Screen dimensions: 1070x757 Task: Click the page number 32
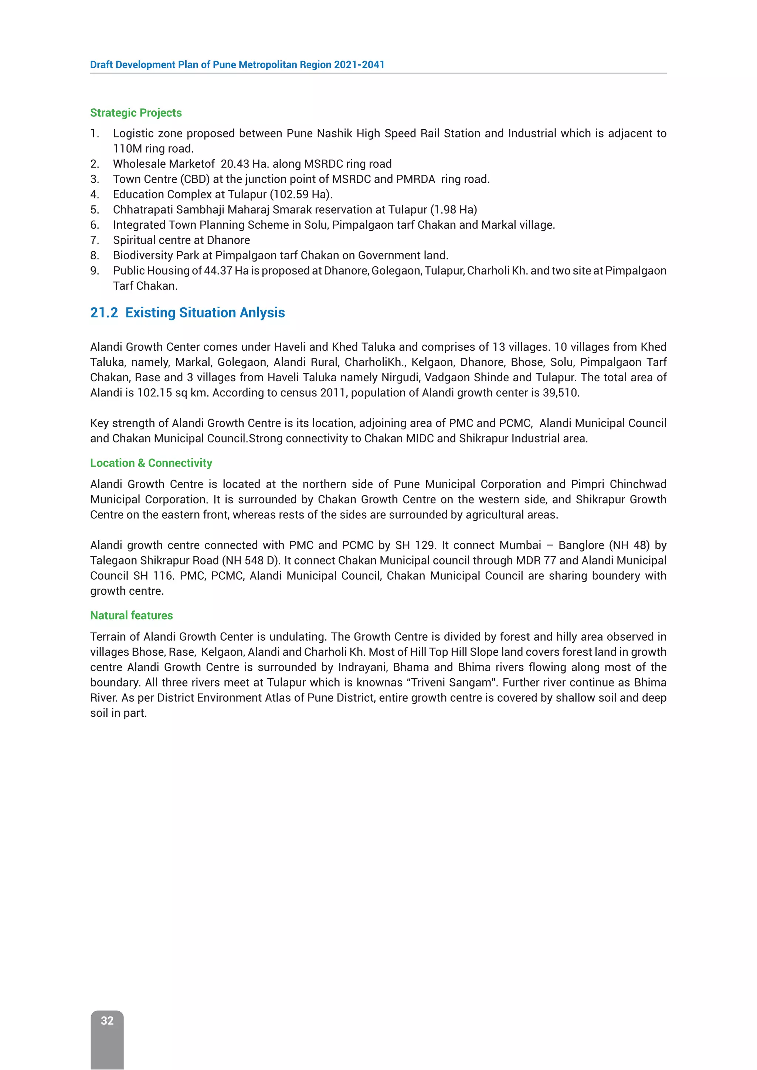point(107,1020)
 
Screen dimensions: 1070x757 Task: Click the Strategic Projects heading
point(136,113)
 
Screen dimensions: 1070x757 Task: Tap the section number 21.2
point(104,313)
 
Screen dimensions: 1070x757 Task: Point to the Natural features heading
point(132,615)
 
